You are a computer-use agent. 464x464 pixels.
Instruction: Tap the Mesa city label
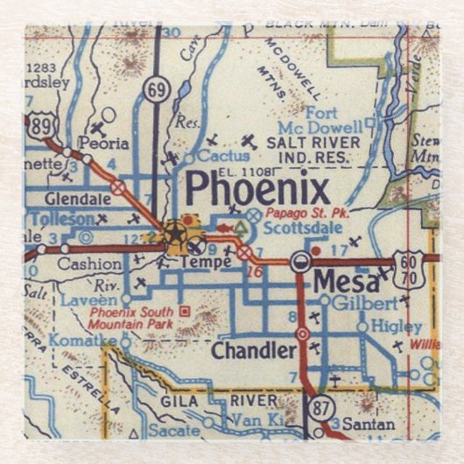click(346, 283)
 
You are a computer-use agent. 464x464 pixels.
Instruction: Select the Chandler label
click(253, 351)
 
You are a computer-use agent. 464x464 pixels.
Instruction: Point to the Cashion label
click(90, 263)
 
